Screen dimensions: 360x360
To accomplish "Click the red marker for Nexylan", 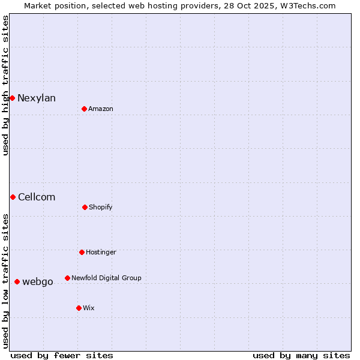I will [12, 98].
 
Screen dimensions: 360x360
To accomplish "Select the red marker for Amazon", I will [84, 109].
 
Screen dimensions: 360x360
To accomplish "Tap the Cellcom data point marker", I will [13, 197].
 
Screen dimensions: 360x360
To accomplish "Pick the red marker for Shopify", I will [85, 207].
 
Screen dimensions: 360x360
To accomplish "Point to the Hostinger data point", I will [82, 252].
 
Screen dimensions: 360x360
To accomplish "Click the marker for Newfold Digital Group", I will [67, 278].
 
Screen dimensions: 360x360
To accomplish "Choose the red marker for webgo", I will [17, 281].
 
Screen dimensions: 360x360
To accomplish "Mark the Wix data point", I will [79, 308].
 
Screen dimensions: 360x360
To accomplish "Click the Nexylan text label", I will [37, 98].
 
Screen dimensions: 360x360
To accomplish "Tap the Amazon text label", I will [101, 109].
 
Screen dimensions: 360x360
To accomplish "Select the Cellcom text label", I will [37, 197].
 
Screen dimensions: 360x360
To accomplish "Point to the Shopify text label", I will [101, 208].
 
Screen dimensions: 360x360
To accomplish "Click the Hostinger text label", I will [101, 253].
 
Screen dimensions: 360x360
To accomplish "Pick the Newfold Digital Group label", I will [106, 278].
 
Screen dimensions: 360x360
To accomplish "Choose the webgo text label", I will [38, 282].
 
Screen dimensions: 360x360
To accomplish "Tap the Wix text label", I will [89, 308].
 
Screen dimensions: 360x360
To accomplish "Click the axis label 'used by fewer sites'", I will [62, 355].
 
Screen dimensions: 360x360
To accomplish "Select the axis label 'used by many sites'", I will [301, 355].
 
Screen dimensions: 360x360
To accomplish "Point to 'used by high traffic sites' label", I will [5, 85].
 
